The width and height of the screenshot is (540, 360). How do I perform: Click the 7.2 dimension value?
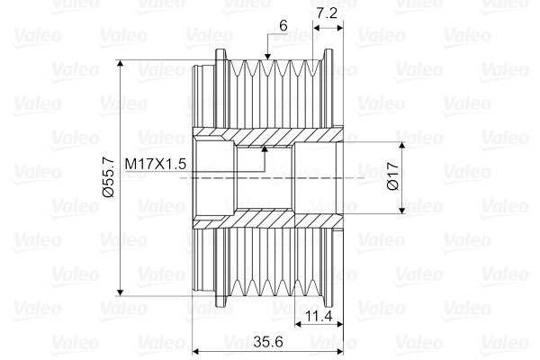[327, 13]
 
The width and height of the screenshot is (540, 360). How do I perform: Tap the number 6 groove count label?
[283, 25]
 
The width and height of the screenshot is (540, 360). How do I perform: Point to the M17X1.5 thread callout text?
[156, 164]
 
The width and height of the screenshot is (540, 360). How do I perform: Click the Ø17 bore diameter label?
[393, 176]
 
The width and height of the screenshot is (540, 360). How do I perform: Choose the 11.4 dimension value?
[319, 315]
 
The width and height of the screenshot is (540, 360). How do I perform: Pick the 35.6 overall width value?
[268, 341]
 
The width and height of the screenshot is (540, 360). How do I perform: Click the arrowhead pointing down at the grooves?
[267, 57]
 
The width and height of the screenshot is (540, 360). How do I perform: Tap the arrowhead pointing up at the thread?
[265, 149]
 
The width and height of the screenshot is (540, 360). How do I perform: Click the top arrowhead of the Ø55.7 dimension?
[120, 63]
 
